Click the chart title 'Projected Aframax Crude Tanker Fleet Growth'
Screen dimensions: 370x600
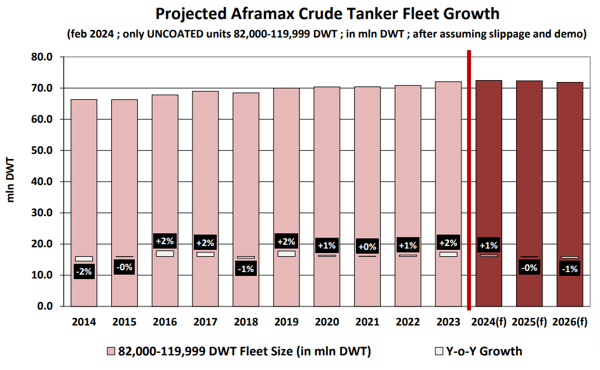(x=327, y=14)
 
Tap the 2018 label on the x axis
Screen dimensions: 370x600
(x=246, y=322)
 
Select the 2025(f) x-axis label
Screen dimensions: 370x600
(x=529, y=322)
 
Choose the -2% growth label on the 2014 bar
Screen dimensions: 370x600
(x=84, y=272)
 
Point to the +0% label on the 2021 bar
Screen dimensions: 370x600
(x=367, y=246)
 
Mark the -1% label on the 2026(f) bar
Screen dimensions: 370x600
(x=570, y=269)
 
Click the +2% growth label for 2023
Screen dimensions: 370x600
(x=448, y=242)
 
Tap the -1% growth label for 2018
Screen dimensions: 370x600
(x=246, y=269)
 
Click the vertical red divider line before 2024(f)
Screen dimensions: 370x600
(x=469, y=178)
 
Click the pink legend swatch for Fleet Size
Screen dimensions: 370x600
(x=111, y=352)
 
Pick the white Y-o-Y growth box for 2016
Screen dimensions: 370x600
(x=165, y=253)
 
